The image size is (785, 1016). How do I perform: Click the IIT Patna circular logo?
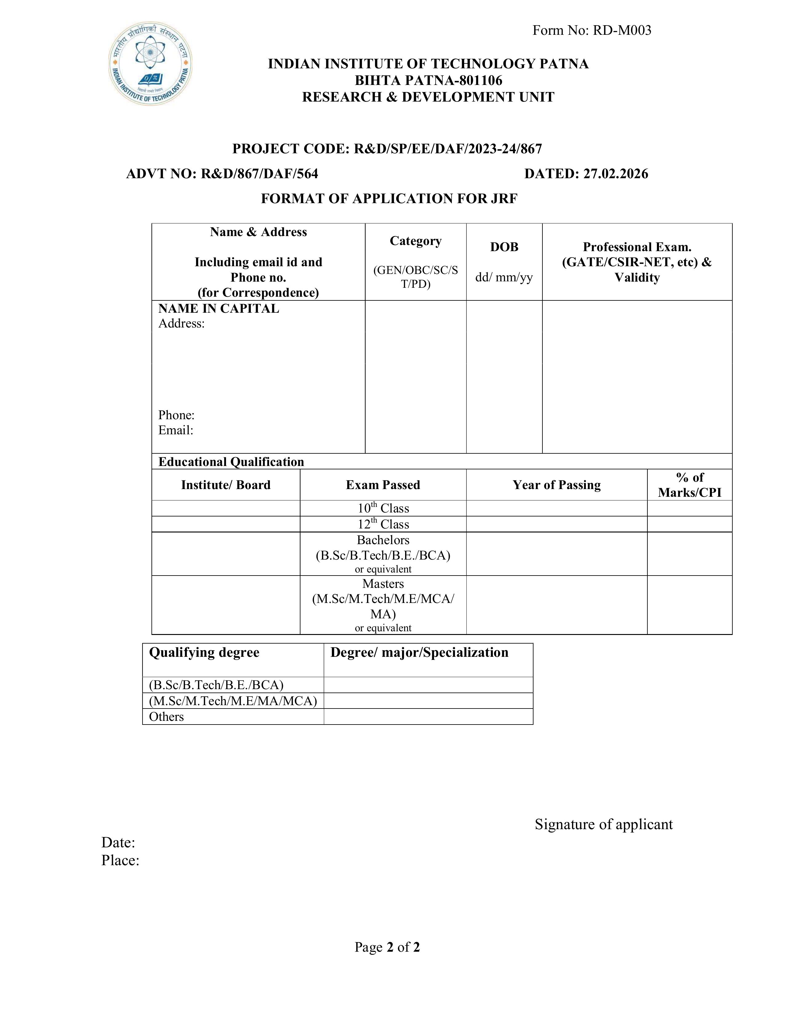click(x=150, y=63)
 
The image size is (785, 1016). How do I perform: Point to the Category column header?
click(x=415, y=241)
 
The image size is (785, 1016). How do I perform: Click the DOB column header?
click(x=504, y=247)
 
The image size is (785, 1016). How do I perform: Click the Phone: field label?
click(x=176, y=415)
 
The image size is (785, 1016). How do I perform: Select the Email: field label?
click(x=175, y=430)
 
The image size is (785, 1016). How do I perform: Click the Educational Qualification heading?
click(x=231, y=462)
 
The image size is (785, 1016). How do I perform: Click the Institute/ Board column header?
click(x=226, y=485)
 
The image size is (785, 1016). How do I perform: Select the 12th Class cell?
click(x=383, y=524)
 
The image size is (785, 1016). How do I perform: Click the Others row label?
click(x=166, y=717)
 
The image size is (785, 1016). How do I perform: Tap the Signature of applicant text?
click(x=603, y=824)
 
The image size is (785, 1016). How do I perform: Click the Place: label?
click(x=120, y=861)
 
